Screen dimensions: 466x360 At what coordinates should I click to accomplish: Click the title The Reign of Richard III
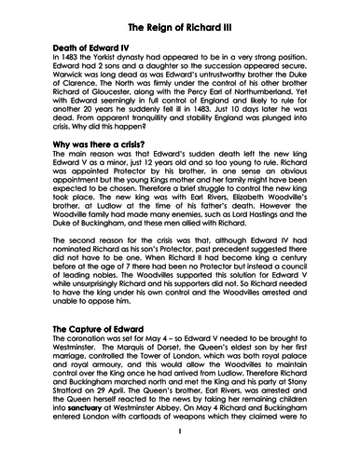[x=179, y=27]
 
